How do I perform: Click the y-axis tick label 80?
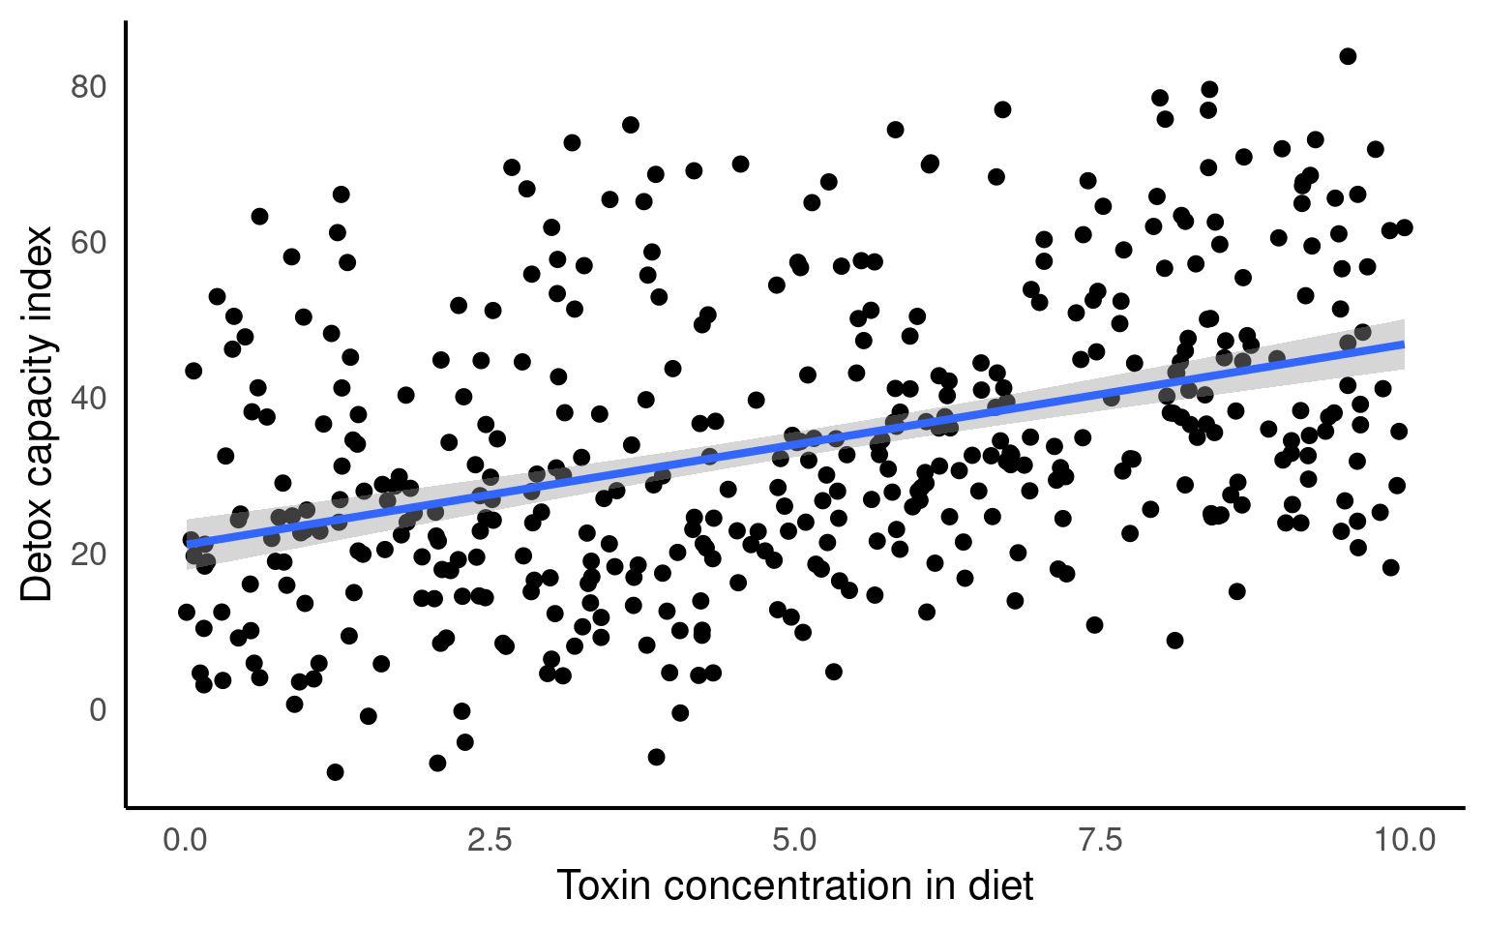click(x=88, y=87)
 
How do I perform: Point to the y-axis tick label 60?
click(x=88, y=243)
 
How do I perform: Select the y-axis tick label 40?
click(x=88, y=399)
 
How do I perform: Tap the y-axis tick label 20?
click(x=88, y=554)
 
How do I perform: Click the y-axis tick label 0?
click(x=98, y=710)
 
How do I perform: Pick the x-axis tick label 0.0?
click(x=185, y=839)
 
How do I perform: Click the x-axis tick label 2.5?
click(x=490, y=839)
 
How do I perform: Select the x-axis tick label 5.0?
click(x=795, y=839)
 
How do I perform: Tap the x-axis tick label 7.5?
click(x=1100, y=839)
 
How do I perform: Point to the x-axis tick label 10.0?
click(x=1405, y=839)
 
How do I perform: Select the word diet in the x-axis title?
click(x=1001, y=886)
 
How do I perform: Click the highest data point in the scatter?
click(x=1348, y=56)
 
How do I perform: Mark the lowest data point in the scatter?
click(x=335, y=772)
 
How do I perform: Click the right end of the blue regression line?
click(x=1404, y=345)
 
